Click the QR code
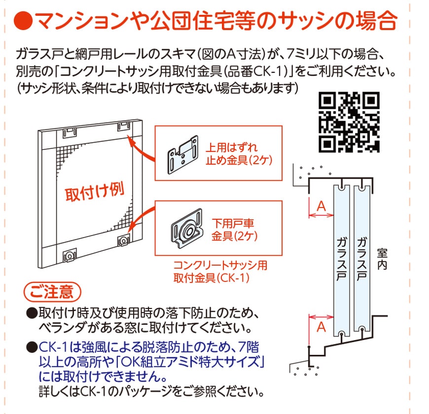tap(349, 122)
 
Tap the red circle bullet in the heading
tap(23, 20)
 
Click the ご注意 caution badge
tap(52, 292)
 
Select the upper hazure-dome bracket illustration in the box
tap(182, 154)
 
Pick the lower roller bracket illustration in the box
tap(187, 229)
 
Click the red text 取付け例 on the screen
tap(94, 192)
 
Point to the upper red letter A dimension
tap(321, 206)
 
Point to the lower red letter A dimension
tap(321, 327)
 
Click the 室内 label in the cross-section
tap(382, 259)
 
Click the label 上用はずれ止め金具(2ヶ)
tap(239, 154)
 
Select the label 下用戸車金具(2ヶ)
tap(234, 229)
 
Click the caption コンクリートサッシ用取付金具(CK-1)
tap(220, 272)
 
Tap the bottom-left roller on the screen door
tap(70, 256)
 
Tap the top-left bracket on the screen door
tap(70, 133)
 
